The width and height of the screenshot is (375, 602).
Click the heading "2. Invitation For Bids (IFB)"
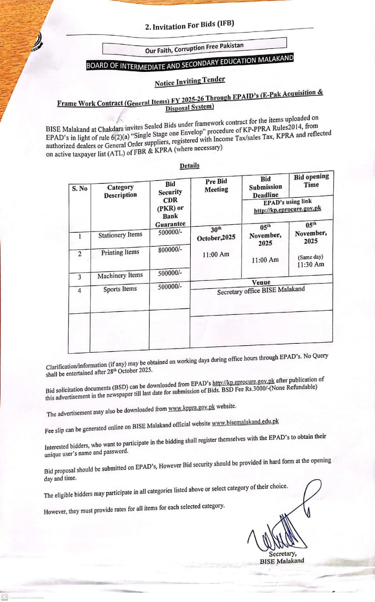[x=189, y=25]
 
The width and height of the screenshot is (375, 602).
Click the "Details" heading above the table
[x=189, y=166]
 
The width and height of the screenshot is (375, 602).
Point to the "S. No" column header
[x=79, y=189]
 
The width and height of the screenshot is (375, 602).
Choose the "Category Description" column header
[x=120, y=191]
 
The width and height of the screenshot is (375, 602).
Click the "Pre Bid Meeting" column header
[x=216, y=185]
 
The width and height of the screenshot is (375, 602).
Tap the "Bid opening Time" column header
[x=311, y=181]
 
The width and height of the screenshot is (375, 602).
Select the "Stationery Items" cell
[x=120, y=235]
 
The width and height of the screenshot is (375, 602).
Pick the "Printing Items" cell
[x=120, y=253]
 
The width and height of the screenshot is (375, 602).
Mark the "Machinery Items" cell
[x=120, y=276]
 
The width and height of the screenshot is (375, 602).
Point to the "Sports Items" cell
[x=120, y=289]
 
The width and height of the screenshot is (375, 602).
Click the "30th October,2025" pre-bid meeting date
[x=216, y=234]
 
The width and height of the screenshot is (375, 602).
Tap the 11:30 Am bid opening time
[x=311, y=264]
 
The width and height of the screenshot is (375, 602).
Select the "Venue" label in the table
[x=261, y=282]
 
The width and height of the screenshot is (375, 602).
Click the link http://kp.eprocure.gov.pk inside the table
[x=288, y=209]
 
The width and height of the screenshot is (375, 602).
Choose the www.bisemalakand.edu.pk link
[x=245, y=422]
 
